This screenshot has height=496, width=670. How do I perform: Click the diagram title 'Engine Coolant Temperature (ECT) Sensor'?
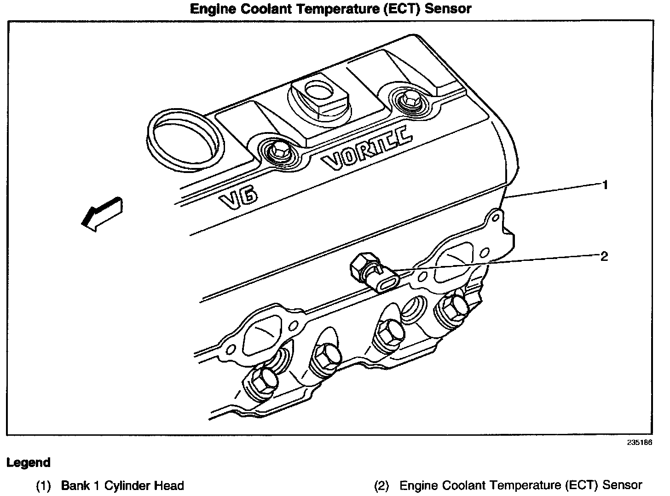(331, 9)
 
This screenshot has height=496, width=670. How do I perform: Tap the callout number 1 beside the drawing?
(605, 185)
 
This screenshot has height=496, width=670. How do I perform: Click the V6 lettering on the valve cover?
(238, 198)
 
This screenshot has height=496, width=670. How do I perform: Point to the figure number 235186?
(639, 443)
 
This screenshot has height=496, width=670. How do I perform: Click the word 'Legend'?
(29, 462)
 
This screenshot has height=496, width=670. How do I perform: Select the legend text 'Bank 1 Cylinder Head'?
(122, 485)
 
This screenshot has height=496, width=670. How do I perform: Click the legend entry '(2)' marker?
(381, 485)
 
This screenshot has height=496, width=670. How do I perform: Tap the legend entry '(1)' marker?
(43, 485)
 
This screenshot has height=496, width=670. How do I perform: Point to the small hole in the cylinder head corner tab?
(494, 216)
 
